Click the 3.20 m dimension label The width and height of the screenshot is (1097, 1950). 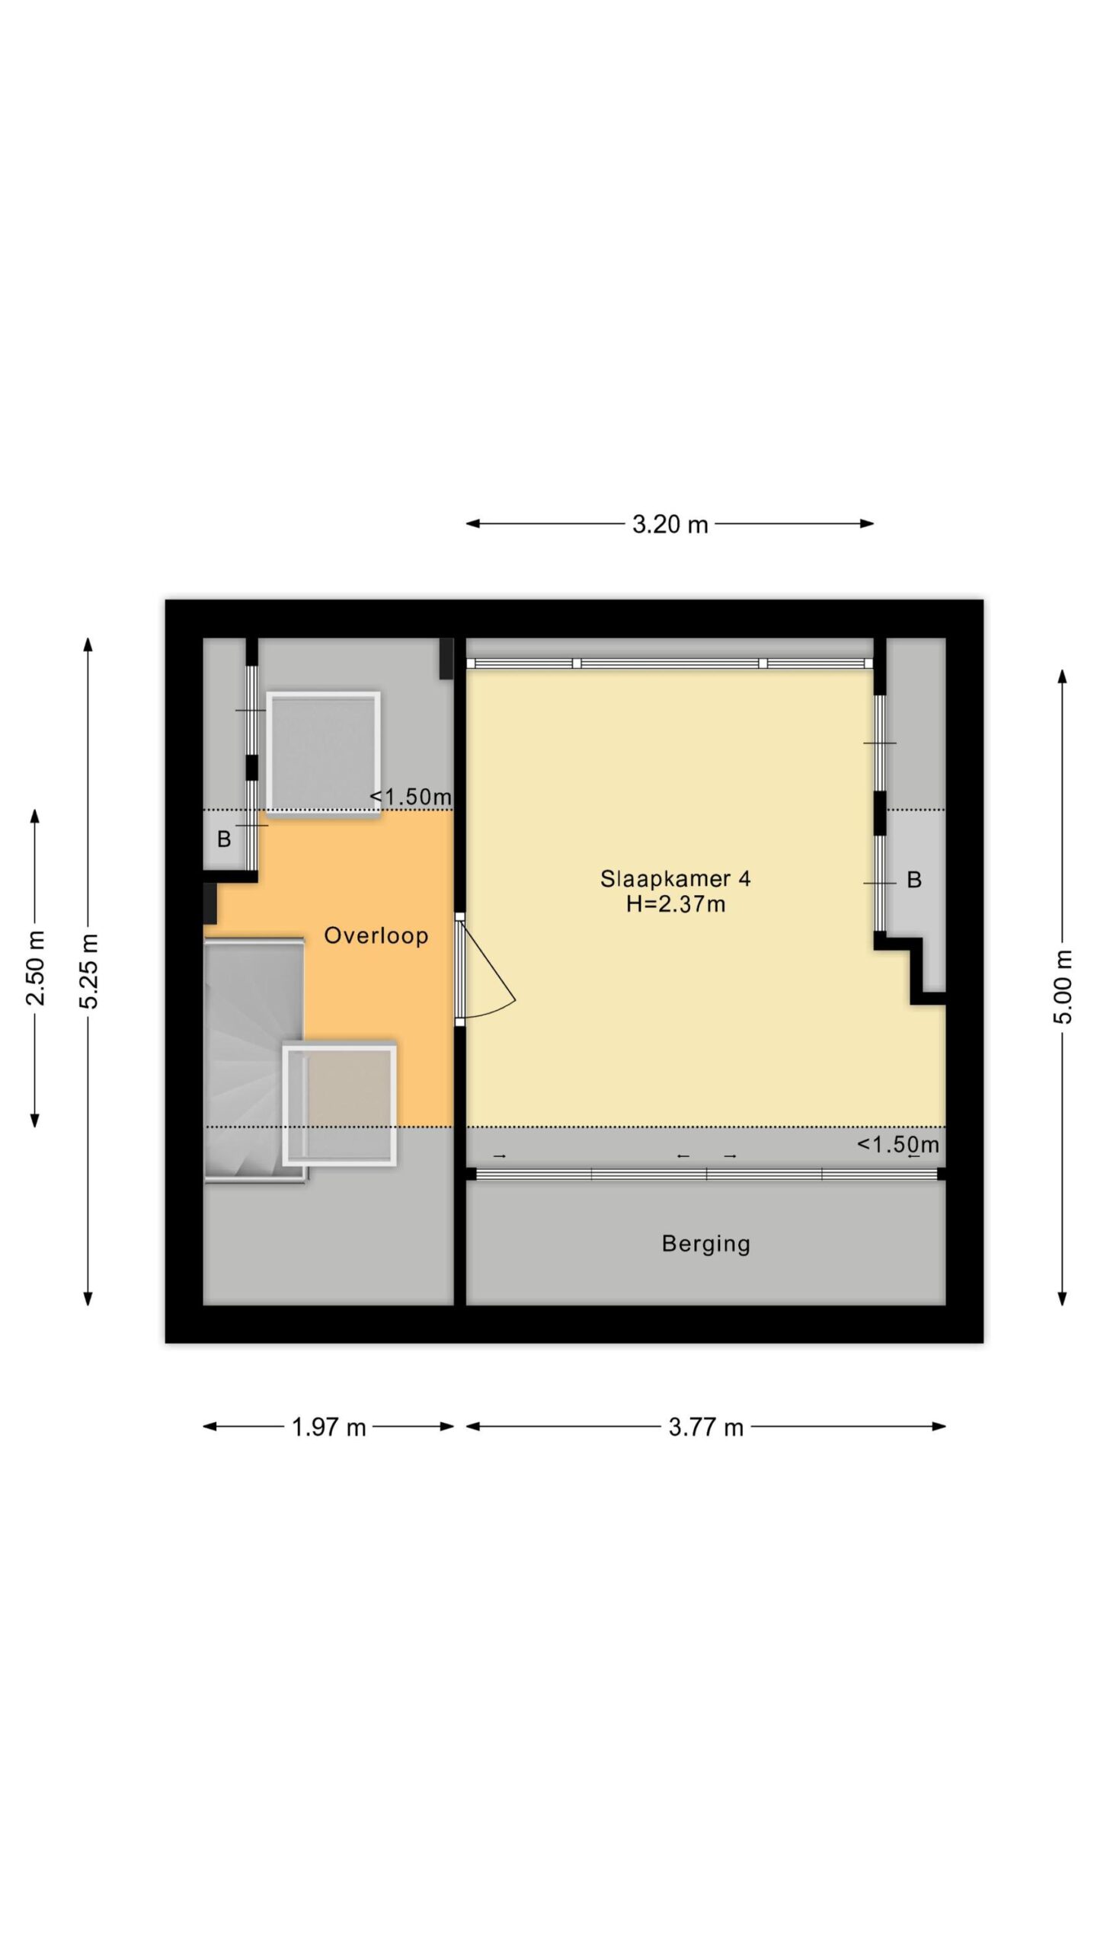point(670,524)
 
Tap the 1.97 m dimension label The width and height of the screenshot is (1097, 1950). point(329,1427)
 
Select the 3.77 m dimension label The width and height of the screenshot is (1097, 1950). point(705,1427)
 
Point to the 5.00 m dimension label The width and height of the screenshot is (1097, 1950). point(1063,986)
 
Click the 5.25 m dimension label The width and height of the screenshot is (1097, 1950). point(89,970)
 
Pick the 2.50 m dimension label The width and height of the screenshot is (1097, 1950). point(35,967)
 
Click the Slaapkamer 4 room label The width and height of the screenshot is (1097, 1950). point(675,879)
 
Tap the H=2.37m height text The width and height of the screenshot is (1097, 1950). point(675,904)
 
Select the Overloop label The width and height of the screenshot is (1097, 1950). point(376,935)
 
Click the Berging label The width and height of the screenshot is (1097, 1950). point(706,1244)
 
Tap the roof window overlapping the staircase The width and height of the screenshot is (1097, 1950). point(340,1105)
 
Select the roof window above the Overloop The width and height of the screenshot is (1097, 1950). point(323,754)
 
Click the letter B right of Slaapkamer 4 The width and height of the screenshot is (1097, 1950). point(914,881)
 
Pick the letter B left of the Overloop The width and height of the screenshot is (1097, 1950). point(224,839)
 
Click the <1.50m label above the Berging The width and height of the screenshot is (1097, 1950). point(898,1144)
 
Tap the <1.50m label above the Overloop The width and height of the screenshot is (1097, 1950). point(411,797)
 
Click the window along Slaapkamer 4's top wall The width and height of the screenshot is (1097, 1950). point(670,663)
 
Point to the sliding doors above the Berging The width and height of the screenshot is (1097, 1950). point(706,1174)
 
